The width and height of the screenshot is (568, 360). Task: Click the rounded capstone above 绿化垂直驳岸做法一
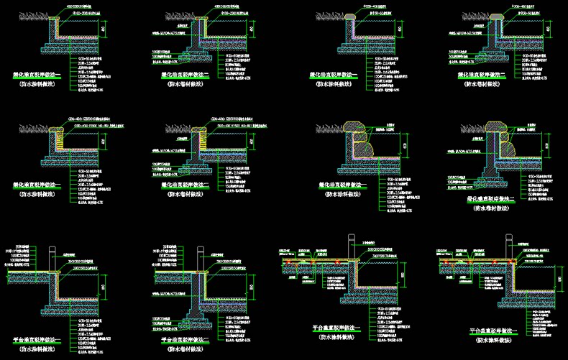pyautogui.click(x=352, y=17)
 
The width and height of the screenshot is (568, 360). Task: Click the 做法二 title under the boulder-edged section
pyautogui.click(x=495, y=196)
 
